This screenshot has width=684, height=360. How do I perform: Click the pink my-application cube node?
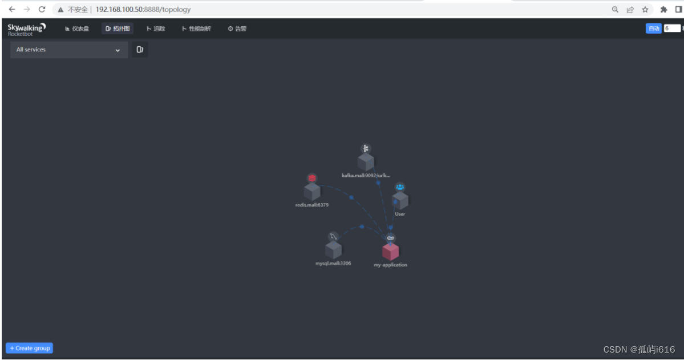[390, 251]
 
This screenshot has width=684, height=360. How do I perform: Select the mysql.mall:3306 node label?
[333, 264]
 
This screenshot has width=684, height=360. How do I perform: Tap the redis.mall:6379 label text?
[311, 205]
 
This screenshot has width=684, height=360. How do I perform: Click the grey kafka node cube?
[366, 162]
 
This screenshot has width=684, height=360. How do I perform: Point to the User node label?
[400, 215]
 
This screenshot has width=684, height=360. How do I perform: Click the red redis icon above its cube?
[312, 178]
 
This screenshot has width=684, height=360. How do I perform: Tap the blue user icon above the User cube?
[400, 187]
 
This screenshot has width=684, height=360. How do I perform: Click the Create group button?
[30, 348]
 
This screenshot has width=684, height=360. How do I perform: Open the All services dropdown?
[68, 50]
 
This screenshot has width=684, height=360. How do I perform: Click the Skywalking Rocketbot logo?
[26, 29]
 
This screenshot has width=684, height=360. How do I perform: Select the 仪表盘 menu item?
[77, 29]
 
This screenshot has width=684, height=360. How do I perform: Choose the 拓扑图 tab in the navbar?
[118, 29]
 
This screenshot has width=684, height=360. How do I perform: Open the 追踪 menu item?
[156, 29]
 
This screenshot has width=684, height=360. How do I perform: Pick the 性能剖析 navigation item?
[196, 29]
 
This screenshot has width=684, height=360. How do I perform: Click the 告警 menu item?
[237, 29]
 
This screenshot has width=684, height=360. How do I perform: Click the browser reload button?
[42, 9]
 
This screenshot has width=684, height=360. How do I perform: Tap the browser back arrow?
[12, 9]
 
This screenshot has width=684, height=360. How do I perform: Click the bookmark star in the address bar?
[645, 9]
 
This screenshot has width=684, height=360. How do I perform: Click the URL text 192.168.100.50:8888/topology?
[143, 10]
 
